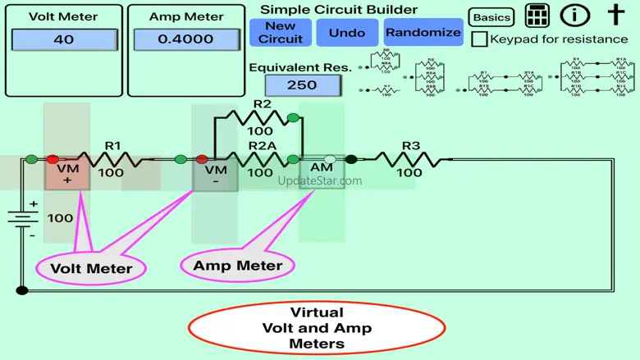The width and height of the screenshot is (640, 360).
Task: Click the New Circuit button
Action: (281, 32)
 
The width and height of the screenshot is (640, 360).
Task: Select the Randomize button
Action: (423, 32)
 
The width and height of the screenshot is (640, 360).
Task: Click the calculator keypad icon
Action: (537, 16)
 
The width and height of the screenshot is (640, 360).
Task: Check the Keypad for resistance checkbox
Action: (480, 39)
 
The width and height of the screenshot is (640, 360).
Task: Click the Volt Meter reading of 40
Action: (63, 39)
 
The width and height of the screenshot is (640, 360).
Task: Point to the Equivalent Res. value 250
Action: (303, 85)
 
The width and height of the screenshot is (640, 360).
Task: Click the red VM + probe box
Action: (66, 173)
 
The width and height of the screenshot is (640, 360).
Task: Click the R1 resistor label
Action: (112, 146)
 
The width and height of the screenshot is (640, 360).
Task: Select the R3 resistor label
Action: (411, 146)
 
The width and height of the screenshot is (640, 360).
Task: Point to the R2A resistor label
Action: (262, 146)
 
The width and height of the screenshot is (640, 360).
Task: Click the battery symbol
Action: (22, 219)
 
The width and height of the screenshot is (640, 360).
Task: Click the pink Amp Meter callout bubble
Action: (237, 265)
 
